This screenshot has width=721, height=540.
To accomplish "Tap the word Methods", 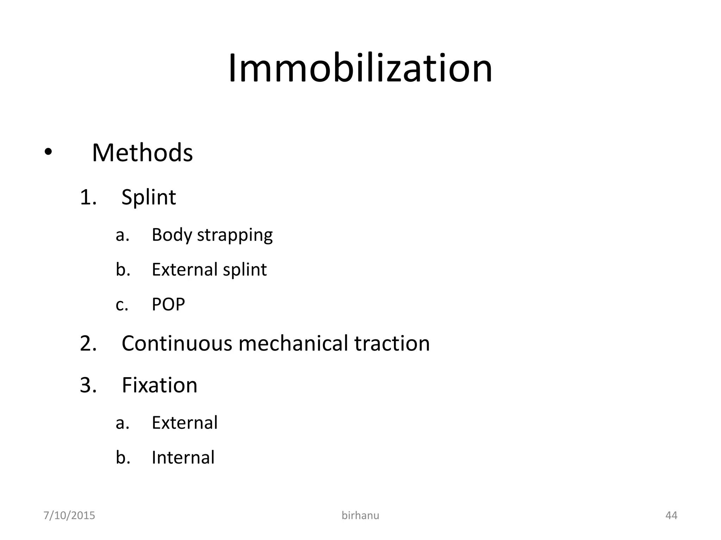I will tap(142, 153).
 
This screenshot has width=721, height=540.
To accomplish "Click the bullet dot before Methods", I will tap(48, 152).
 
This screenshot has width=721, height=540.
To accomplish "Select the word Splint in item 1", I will tap(149, 197).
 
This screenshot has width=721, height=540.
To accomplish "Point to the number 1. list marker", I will tap(88, 197).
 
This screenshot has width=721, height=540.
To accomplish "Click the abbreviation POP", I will tap(168, 304).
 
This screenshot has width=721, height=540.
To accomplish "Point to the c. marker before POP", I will tap(122, 305).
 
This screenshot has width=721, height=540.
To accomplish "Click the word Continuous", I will tap(177, 343).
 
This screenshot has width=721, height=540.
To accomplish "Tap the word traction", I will tap(392, 343).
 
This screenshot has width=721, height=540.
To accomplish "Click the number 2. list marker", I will tap(88, 343).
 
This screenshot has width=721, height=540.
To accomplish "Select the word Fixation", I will tap(159, 385).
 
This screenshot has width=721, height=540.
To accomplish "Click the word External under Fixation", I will tap(184, 423).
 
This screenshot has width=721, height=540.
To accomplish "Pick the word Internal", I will tap(183, 457).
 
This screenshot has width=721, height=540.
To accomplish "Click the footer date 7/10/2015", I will tap(69, 515).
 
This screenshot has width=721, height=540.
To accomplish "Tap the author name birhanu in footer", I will tap(360, 515).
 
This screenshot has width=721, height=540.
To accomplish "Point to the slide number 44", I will tap(671, 515).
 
